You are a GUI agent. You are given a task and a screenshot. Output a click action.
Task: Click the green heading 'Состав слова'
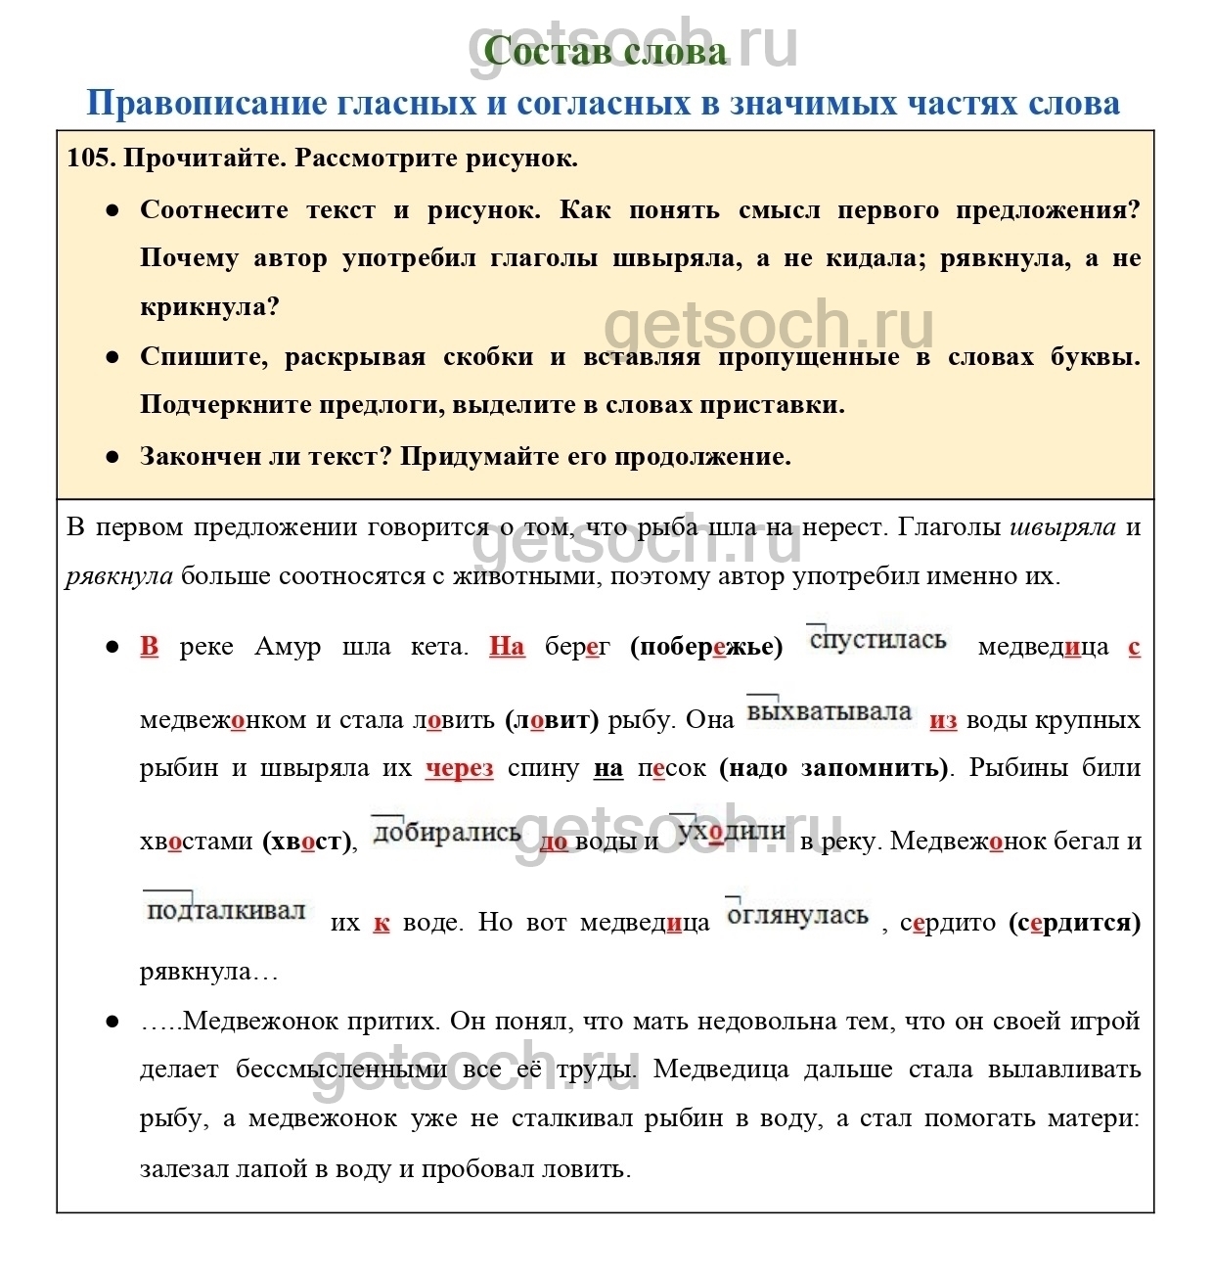606,52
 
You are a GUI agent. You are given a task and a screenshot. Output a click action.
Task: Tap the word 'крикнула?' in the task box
209,306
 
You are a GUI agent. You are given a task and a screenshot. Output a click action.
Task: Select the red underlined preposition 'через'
459,769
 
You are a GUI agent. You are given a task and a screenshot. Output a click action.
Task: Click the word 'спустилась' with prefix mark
877,641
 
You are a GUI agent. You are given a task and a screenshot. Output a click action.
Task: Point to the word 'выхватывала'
829,712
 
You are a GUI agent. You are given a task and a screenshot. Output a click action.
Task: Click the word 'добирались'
446,833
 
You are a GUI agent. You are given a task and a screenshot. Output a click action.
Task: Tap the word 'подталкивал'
226,912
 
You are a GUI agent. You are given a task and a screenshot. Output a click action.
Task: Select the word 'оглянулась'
797,916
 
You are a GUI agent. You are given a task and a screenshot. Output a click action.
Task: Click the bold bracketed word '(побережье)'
706,647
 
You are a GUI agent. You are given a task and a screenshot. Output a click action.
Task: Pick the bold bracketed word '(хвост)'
305,842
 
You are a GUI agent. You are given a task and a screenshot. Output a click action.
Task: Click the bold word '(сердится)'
1074,923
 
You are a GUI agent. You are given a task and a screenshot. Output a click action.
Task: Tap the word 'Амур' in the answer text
288,647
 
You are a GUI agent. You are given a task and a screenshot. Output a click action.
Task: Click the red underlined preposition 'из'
943,721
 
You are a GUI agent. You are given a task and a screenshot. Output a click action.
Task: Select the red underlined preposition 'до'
554,842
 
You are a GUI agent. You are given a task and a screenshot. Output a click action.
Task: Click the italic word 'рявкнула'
119,576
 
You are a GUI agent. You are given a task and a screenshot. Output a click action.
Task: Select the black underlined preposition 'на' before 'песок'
607,769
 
